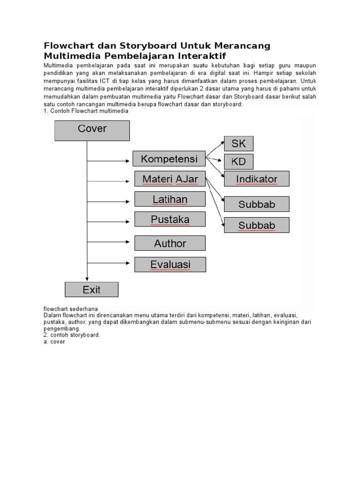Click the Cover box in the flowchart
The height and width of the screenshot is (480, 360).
[92, 130]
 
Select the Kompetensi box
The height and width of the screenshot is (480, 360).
[169, 159]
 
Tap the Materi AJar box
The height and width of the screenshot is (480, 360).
[170, 179]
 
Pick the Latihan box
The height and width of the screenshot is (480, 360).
[170, 199]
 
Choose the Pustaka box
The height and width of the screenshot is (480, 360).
[170, 219]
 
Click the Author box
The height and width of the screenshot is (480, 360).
[170, 243]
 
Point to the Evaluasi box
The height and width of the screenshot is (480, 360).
[170, 264]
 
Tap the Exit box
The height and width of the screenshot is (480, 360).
[91, 290]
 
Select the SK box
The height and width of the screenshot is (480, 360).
[239, 143]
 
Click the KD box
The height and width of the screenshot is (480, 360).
[239, 162]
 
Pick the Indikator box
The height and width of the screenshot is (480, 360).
[256, 179]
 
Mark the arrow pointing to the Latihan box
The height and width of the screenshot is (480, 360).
[110, 201]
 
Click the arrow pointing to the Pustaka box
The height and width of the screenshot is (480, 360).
[110, 221]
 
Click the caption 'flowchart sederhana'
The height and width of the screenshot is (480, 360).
[64, 309]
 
